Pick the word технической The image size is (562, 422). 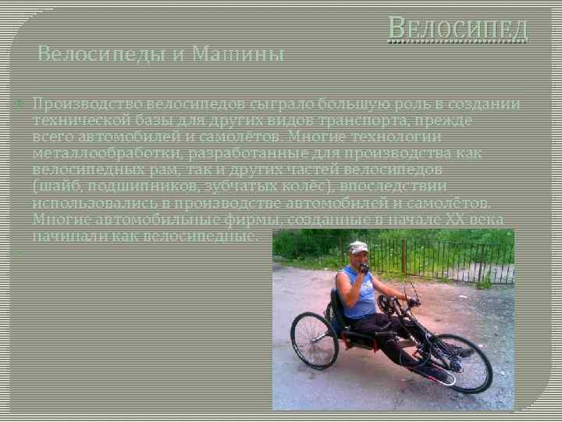tap(84, 120)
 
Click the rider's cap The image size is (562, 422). tap(358, 247)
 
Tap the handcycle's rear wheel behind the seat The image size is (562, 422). tap(313, 341)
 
